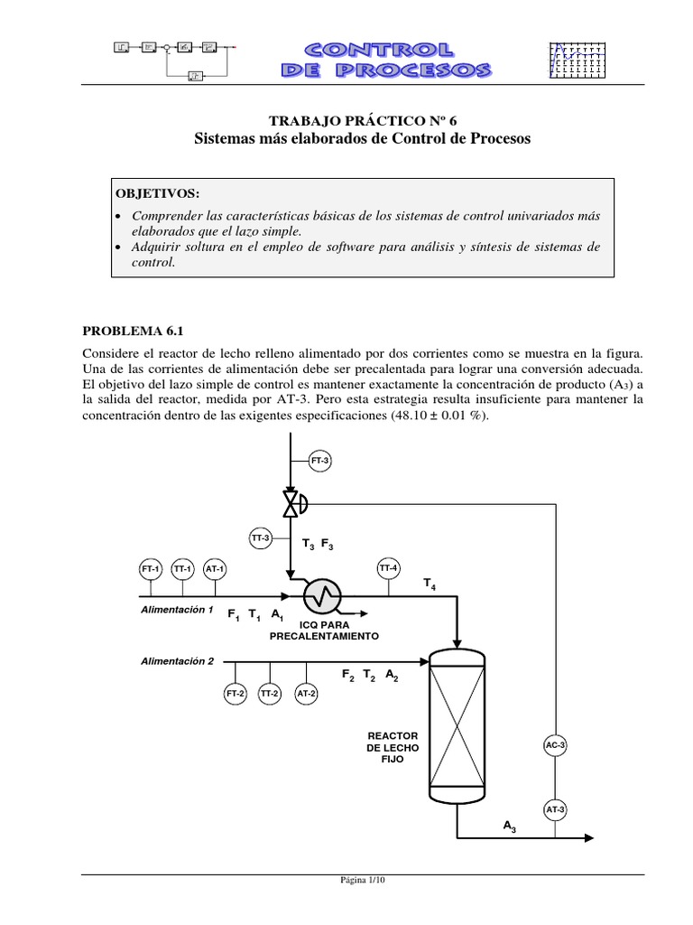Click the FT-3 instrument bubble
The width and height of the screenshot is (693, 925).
click(319, 461)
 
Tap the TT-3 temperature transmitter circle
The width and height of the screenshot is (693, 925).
click(261, 537)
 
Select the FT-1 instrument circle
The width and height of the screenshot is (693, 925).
click(150, 569)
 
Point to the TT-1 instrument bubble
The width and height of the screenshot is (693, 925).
click(182, 569)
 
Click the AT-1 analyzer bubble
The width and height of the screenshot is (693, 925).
click(215, 569)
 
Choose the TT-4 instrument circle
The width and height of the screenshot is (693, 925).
click(388, 568)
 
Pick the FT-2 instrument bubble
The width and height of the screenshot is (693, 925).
click(236, 694)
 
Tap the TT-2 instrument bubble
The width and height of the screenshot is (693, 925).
click(269, 694)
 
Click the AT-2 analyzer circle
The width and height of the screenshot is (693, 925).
click(307, 694)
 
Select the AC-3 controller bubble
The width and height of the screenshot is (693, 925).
click(555, 745)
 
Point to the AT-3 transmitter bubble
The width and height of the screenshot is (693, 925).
click(555, 810)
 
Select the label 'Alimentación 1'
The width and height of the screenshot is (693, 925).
click(177, 609)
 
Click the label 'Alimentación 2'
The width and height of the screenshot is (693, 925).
click(177, 660)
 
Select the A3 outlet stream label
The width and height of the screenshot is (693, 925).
click(509, 826)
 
